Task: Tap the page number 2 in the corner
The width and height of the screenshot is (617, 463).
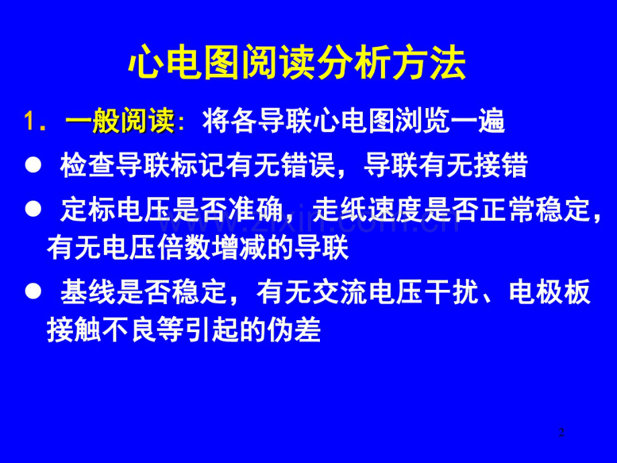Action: [562, 432]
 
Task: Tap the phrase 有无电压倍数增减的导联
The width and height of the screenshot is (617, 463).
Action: [198, 249]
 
